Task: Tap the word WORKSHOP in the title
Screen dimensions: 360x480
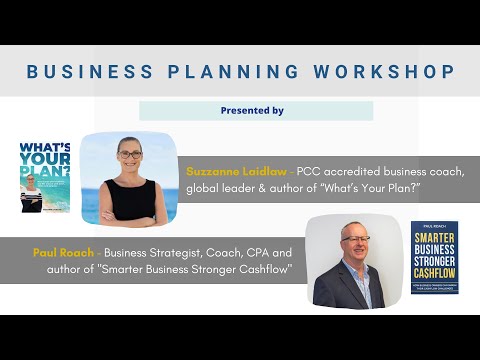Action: pos(382,72)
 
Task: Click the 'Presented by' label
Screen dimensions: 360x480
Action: pos(252,110)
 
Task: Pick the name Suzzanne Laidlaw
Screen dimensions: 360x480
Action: pos(235,171)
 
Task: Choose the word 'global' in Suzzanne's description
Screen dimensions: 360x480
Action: pos(205,189)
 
